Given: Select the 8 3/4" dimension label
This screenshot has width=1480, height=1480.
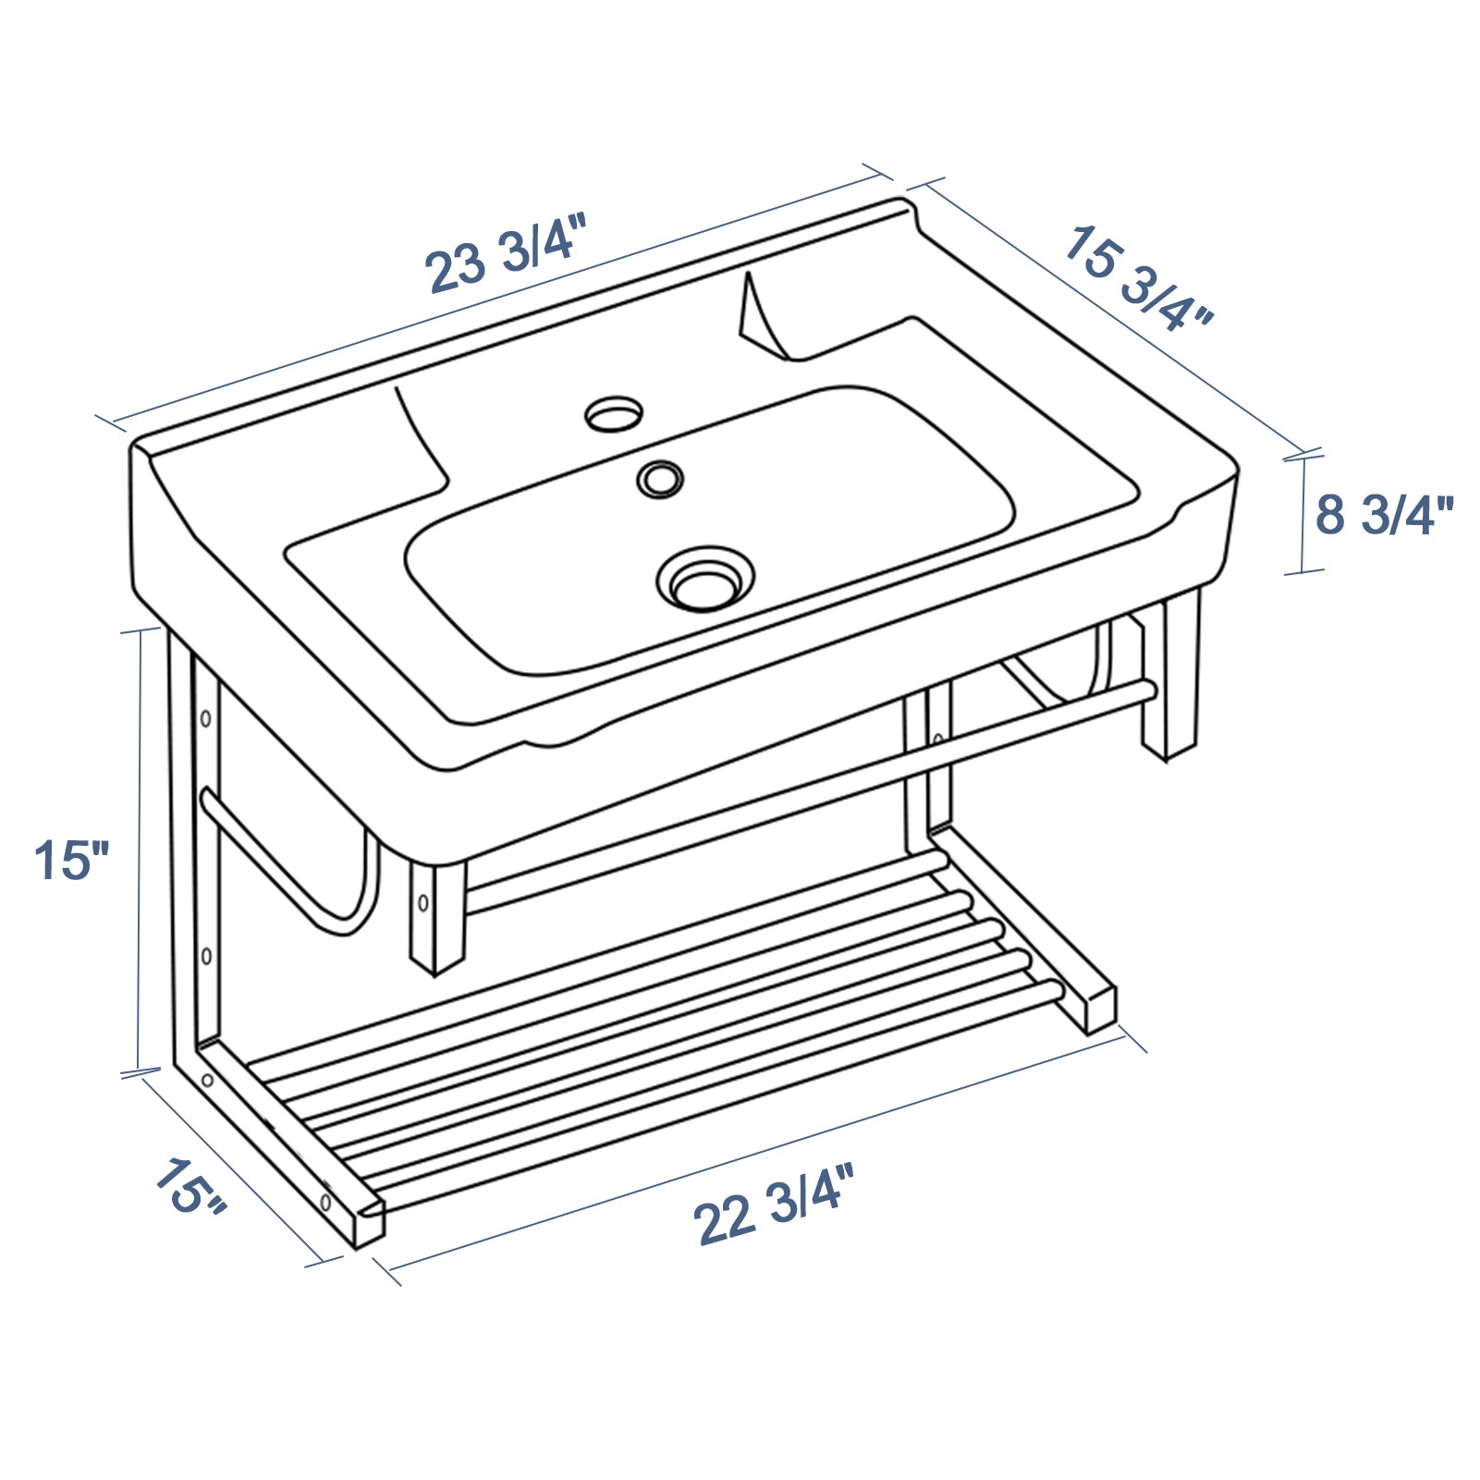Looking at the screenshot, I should tap(1384, 515).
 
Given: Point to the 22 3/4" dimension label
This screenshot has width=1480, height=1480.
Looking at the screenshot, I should tap(774, 1205).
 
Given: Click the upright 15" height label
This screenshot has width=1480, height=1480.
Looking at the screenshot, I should tap(72, 860).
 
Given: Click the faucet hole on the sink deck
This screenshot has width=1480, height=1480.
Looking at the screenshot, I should tap(614, 412).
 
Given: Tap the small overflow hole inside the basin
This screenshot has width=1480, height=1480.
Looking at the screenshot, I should tap(660, 479).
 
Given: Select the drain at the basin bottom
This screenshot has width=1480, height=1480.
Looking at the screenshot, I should tap(705, 580).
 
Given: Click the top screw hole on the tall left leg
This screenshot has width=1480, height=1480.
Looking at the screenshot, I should tap(206, 718).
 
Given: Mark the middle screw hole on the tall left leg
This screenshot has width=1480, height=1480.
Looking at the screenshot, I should tap(206, 955).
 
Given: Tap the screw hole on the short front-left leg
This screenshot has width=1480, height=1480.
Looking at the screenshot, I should tap(422, 901).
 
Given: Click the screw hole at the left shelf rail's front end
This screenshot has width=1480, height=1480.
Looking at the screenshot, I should tap(325, 1203).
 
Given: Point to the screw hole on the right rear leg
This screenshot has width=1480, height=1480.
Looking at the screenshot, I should tap(937, 740).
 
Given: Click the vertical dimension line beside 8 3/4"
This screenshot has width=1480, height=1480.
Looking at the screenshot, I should tap(1303, 514).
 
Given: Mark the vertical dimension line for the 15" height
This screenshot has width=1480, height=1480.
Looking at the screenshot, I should tap(141, 850).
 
